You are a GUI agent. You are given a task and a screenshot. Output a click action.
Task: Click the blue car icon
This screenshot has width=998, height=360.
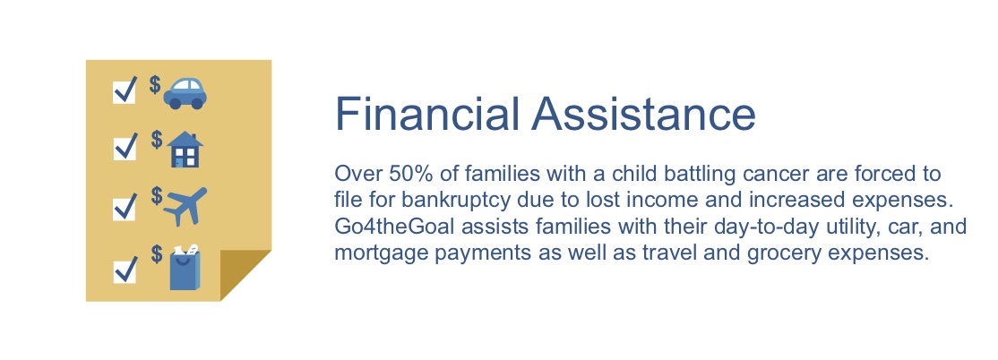(x=185, y=92)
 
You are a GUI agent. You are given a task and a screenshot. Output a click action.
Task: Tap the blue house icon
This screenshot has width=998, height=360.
(x=185, y=149)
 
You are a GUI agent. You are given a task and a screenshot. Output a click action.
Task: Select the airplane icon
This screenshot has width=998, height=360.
(x=185, y=206)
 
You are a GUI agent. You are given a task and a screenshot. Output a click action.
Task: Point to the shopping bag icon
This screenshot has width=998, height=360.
(x=185, y=268)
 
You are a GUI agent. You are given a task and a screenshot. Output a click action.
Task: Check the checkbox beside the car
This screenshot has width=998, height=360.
(x=125, y=90)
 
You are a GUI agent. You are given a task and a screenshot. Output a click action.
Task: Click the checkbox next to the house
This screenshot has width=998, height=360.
(x=125, y=147)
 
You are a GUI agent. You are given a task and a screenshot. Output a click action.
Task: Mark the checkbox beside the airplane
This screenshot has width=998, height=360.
(x=125, y=206)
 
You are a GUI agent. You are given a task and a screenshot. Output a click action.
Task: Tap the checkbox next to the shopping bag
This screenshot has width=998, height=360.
(x=125, y=267)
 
